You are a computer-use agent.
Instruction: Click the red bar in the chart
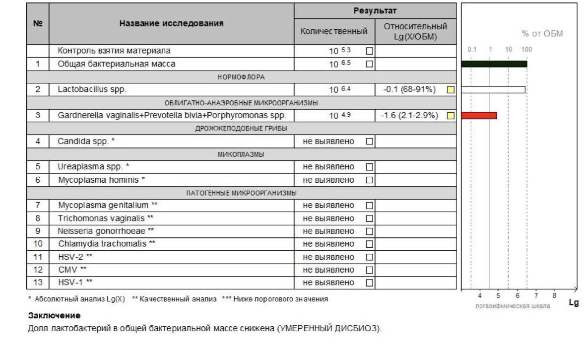click(x=479, y=116)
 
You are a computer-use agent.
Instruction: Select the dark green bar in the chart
click(x=494, y=64)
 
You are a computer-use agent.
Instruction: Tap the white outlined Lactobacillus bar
click(x=493, y=90)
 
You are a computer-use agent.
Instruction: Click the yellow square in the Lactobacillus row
click(x=451, y=90)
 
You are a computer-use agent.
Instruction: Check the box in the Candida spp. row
click(x=369, y=142)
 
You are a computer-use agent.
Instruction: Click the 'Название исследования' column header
click(x=171, y=23)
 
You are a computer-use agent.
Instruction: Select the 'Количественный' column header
click(x=334, y=31)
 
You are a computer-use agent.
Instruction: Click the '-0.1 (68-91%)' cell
click(x=409, y=90)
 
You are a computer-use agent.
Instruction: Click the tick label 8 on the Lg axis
click(x=554, y=295)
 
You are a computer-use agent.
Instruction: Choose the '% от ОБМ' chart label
click(x=541, y=34)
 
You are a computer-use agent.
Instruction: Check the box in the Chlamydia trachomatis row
click(x=369, y=244)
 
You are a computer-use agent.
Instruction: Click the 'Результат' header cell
click(x=375, y=10)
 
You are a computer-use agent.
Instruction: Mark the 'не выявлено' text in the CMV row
click(x=328, y=270)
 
